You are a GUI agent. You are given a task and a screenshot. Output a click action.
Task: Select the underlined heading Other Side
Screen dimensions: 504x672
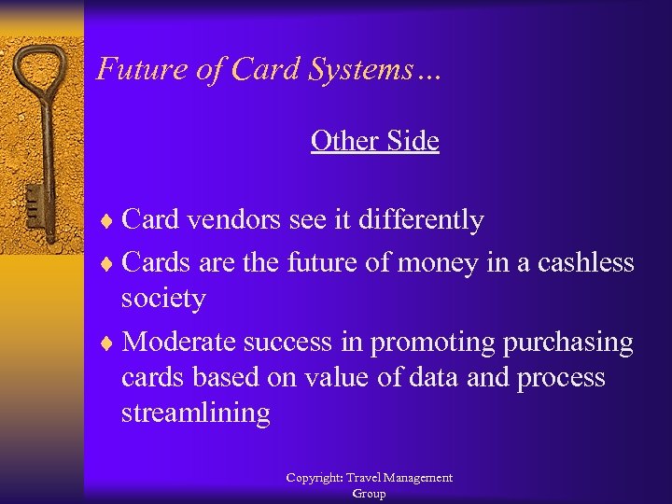(x=374, y=141)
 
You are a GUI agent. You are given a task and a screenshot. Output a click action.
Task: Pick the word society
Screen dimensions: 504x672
(x=163, y=299)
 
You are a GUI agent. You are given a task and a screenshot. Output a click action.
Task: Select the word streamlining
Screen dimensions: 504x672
(x=196, y=413)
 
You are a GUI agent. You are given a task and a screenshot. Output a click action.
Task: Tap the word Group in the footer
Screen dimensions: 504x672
(x=369, y=494)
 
